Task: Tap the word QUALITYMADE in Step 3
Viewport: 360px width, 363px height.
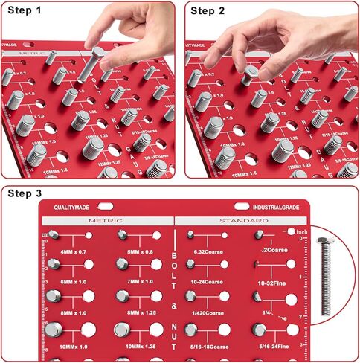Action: point(75,208)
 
